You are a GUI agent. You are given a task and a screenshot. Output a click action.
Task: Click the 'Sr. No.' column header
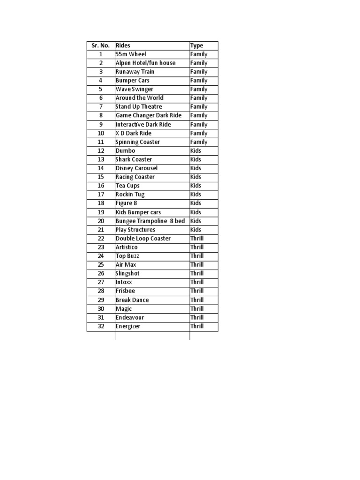tap(100, 45)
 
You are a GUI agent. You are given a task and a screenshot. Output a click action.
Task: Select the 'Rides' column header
tap(123, 45)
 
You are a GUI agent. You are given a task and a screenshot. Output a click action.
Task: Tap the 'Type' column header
tap(196, 45)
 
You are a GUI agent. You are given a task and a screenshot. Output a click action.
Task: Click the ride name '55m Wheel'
tap(131, 54)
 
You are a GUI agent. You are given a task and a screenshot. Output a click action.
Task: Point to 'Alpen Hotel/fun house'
tap(145, 63)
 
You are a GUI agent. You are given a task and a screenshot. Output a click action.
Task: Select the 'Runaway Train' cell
tap(135, 72)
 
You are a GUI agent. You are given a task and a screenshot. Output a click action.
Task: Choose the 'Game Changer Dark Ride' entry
tap(148, 115)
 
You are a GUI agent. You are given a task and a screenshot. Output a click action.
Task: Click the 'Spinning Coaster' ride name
tap(137, 142)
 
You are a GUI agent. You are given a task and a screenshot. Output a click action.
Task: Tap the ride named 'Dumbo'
tap(125, 150)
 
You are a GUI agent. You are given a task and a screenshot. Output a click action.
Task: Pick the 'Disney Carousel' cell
tap(136, 168)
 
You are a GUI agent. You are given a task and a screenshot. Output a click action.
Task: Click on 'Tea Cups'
tap(127, 186)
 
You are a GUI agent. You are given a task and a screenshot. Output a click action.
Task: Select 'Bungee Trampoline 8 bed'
tap(150, 221)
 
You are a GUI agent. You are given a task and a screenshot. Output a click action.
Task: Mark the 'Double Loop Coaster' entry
tap(143, 239)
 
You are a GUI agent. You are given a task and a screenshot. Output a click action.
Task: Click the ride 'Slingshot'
tap(127, 273)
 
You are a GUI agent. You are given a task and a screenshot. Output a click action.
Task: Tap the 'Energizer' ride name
tap(127, 326)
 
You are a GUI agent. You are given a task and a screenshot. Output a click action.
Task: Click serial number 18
tap(100, 203)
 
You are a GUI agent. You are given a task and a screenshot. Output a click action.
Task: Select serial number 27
tap(100, 282)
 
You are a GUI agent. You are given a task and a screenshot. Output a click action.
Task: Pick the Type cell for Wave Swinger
tap(199, 89)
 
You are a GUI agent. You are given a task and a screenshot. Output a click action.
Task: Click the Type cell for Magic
tap(197, 309)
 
